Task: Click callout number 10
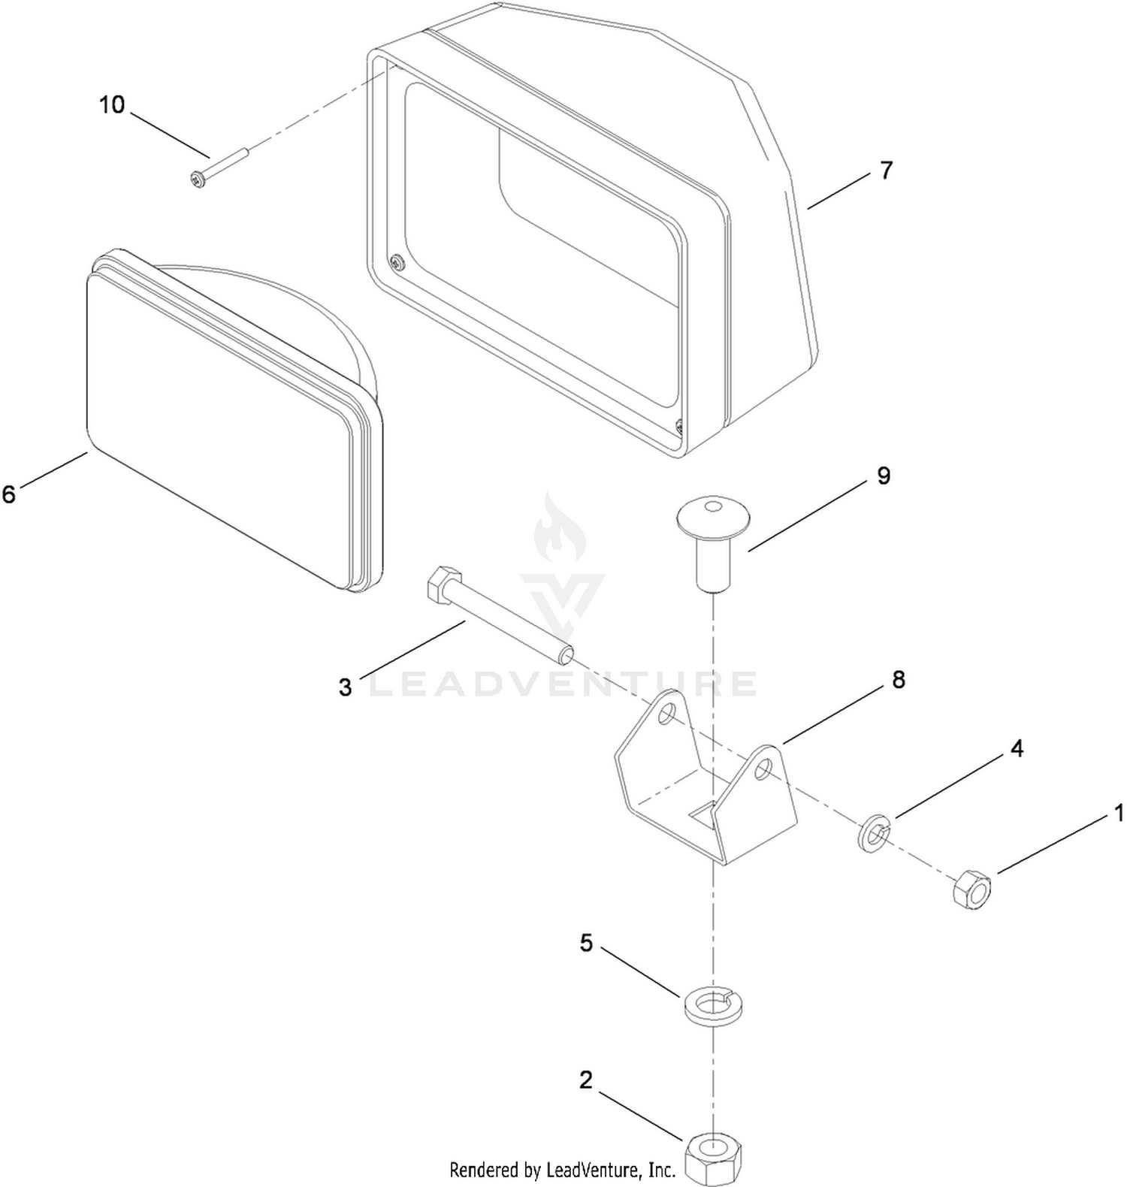[x=112, y=104]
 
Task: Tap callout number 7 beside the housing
[x=887, y=171]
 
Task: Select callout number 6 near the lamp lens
[x=9, y=494]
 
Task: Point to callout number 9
[x=884, y=476]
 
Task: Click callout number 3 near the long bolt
[x=345, y=687]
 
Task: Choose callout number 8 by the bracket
[x=899, y=680]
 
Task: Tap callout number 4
[x=1017, y=748]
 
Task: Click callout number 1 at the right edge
[x=1119, y=813]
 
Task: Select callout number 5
[x=586, y=943]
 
